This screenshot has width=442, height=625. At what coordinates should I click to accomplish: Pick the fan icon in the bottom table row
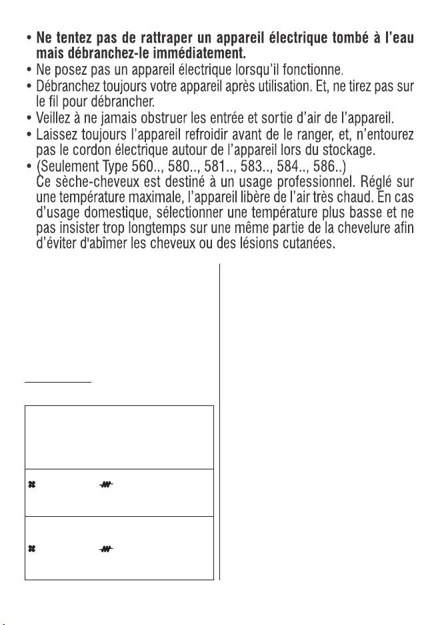click(32, 550)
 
